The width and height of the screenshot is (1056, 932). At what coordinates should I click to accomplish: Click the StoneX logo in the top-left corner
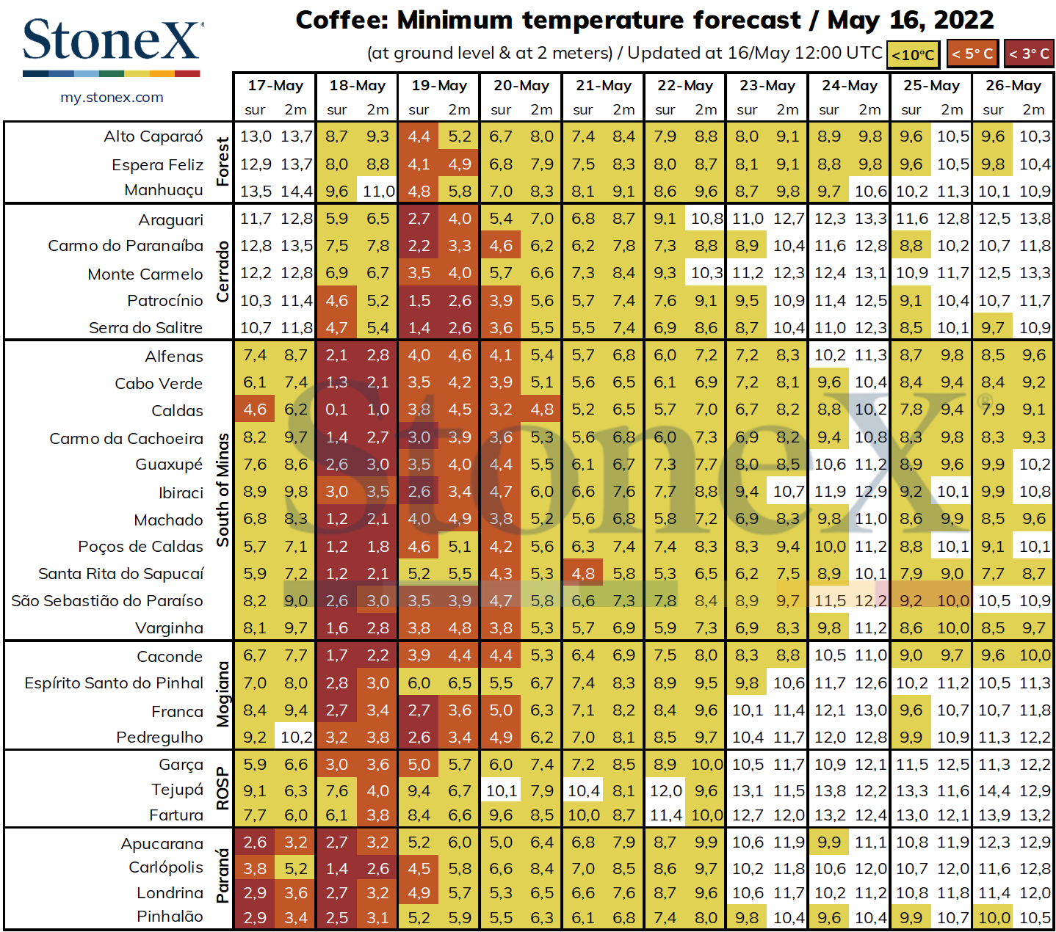[x=112, y=45]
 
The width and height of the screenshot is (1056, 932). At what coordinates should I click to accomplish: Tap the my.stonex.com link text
[x=112, y=98]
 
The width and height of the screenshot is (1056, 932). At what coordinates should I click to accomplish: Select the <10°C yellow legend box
[x=913, y=54]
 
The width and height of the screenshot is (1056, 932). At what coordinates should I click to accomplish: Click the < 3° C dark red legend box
[x=1028, y=53]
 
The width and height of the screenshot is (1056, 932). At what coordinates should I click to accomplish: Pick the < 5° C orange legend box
[x=972, y=53]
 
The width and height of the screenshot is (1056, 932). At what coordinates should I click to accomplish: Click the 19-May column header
[x=439, y=85]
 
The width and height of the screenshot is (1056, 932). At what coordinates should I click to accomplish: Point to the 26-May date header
[x=1013, y=85]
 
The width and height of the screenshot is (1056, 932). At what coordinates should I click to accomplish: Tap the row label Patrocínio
[x=164, y=301]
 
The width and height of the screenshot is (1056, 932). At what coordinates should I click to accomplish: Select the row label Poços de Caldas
[x=140, y=547]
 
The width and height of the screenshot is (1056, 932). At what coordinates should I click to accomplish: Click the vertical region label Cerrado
[x=223, y=272]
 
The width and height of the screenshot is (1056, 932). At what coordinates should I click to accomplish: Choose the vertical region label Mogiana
[x=223, y=694]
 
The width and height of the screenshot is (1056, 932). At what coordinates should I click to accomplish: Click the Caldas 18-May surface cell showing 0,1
[x=337, y=409]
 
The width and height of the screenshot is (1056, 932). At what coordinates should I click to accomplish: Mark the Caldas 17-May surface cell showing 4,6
[x=255, y=409]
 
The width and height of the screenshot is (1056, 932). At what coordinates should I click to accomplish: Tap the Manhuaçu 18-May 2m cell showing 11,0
[x=377, y=191]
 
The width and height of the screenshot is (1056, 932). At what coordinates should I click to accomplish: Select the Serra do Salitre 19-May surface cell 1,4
[x=419, y=328]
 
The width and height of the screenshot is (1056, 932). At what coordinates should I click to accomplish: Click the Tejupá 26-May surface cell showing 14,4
[x=993, y=791]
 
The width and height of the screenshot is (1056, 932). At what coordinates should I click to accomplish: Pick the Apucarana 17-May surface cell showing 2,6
[x=255, y=842]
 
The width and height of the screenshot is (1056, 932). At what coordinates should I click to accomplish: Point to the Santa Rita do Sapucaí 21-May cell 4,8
[x=583, y=574]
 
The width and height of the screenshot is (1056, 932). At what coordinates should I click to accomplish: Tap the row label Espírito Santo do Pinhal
[x=114, y=683]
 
